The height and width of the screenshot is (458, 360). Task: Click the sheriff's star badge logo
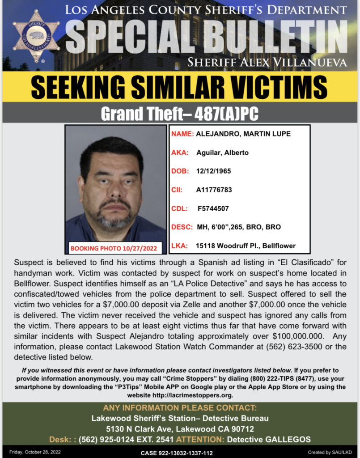point(36,35)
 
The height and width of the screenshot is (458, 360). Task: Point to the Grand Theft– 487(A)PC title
point(179,114)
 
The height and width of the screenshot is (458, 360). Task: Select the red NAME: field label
point(182,134)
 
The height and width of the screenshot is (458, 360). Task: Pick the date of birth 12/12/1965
point(214,171)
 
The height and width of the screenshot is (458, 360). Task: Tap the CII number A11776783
point(214,190)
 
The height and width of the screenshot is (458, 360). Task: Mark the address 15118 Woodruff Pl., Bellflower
point(246,246)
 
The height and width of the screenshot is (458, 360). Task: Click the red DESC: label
point(182,227)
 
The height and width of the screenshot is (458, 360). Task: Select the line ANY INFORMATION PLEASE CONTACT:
point(180,408)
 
